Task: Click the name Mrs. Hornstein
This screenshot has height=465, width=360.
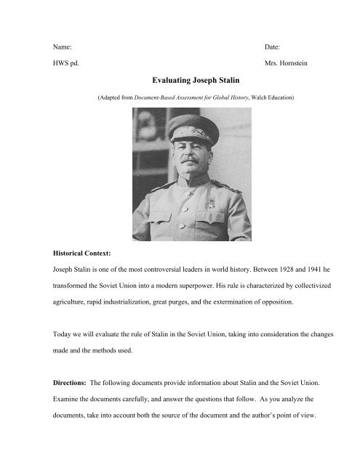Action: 289,63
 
